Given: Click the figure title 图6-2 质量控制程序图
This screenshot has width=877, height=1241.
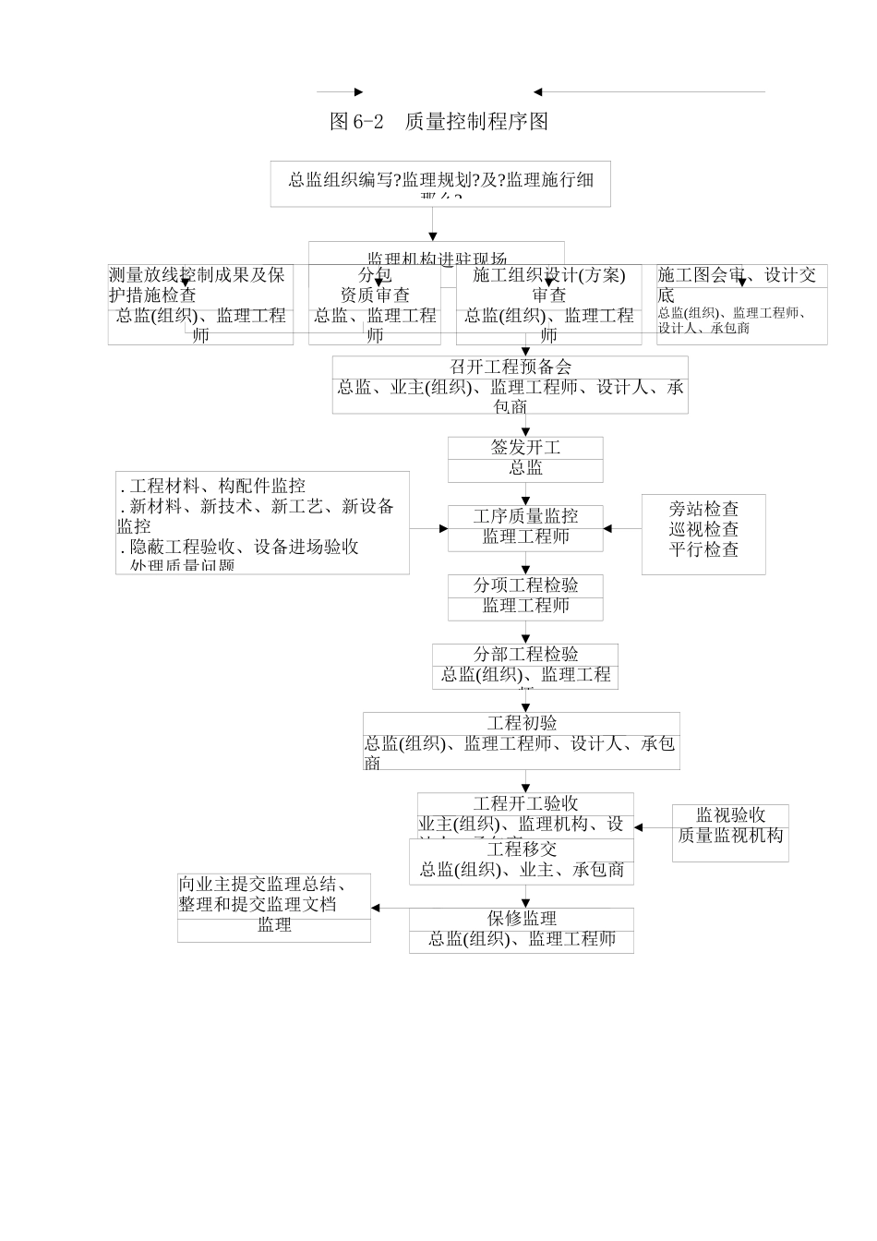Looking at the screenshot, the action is (439, 122).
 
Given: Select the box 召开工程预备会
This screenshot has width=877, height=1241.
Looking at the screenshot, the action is (510, 385).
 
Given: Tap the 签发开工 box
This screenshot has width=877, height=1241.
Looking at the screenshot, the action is (525, 459).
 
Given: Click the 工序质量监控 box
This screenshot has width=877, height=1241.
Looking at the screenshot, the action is (525, 528).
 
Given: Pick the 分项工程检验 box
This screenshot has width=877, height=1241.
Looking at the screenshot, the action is (525, 596).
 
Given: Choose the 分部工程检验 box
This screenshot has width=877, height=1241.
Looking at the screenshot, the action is (525, 666).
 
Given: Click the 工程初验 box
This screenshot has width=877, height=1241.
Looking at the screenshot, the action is (521, 741).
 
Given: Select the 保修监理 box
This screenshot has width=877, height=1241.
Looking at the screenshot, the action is (522, 930).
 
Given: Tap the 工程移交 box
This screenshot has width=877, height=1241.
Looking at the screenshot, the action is (522, 861).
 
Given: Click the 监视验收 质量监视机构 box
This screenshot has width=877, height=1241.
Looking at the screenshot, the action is (730, 833).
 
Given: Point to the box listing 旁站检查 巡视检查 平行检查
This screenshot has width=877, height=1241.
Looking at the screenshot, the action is (703, 535).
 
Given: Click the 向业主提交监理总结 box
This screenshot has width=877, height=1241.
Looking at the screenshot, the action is (274, 908).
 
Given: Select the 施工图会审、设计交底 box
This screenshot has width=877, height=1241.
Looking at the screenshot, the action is (741, 304).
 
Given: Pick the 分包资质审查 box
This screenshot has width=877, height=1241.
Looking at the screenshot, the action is (375, 305).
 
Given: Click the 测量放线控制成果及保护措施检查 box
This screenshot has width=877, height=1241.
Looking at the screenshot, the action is (200, 305).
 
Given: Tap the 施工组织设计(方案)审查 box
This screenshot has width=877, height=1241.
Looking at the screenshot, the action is (548, 305).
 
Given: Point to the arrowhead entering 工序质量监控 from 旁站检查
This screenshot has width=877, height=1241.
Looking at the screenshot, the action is (607, 529).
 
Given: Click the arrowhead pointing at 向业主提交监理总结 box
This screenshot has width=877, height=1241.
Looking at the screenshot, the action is (376, 908).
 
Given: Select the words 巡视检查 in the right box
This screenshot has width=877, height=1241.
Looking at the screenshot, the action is (703, 529).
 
